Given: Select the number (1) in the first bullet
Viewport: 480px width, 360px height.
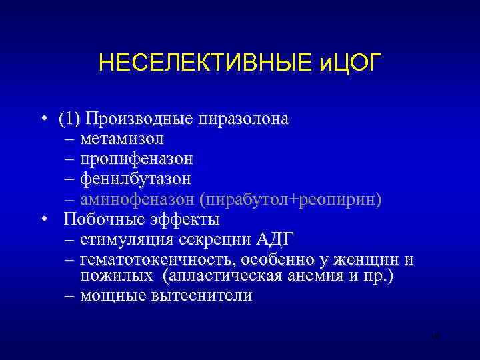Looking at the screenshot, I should click(x=69, y=119).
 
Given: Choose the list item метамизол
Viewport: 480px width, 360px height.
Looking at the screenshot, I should click(x=121, y=139).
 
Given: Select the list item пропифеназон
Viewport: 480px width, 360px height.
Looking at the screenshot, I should click(x=137, y=159).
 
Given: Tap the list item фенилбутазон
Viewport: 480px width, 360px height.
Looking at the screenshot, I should click(x=135, y=179).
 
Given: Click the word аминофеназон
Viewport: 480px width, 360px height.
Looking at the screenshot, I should click(x=141, y=199).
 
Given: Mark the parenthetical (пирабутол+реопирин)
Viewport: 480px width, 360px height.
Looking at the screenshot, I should click(x=295, y=199).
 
